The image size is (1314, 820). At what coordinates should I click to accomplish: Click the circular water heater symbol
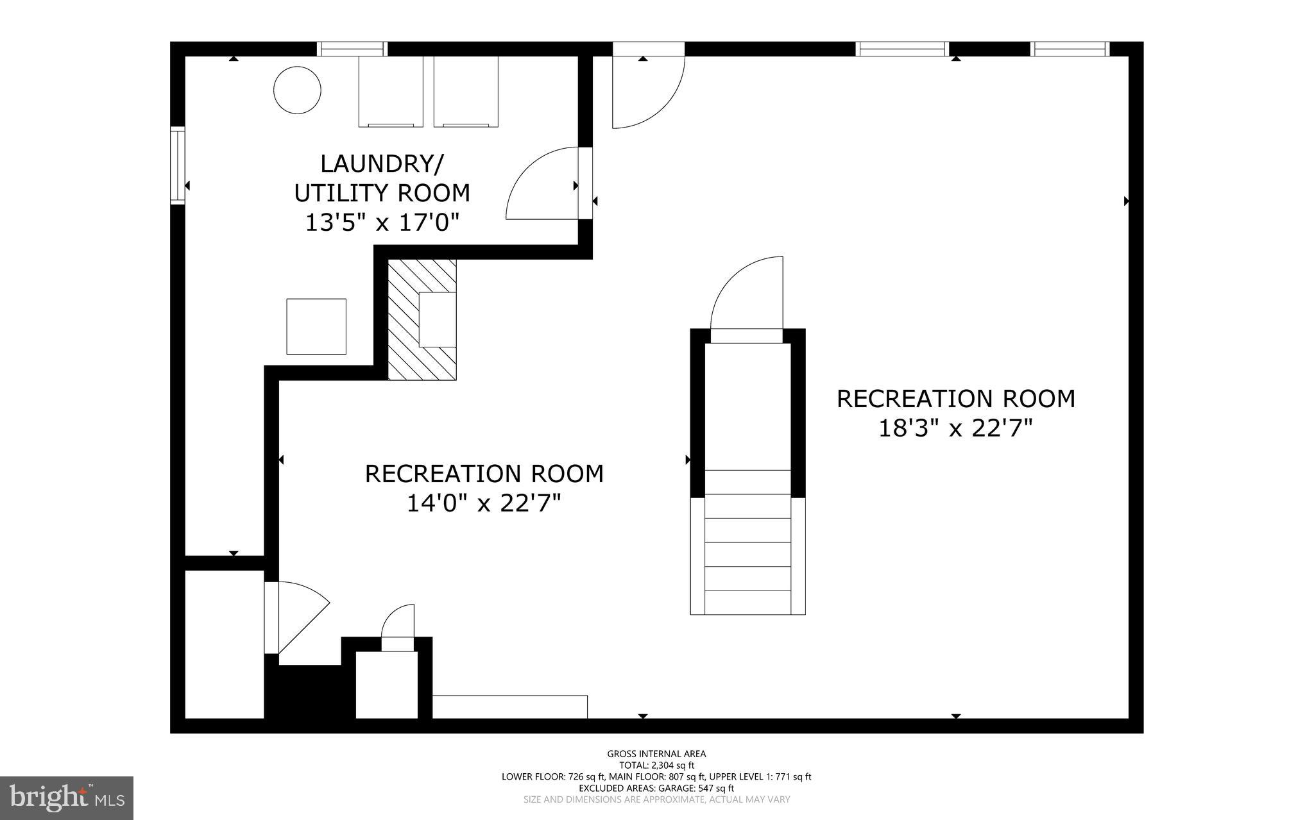pos(297,90)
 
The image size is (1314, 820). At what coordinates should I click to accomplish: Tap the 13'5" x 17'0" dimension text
pos(382,222)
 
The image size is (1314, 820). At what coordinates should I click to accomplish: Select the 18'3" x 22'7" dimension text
pos(955,428)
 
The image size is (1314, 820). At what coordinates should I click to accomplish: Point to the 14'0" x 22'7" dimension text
pos(484,503)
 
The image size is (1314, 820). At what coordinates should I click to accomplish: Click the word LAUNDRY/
pos(381,163)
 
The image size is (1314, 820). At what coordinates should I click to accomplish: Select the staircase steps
pos(747,542)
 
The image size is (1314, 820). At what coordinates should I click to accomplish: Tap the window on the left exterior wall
pos(177,166)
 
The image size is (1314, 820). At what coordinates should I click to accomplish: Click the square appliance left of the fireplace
pos(316,326)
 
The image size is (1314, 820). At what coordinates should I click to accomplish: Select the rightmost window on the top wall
pos(1070,49)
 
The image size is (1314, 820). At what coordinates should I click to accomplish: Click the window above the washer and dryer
pos(353,49)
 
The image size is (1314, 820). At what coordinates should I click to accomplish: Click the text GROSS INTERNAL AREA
pos(656,754)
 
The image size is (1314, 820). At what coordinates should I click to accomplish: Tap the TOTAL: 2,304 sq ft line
pos(656,765)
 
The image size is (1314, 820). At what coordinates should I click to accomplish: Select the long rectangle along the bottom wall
pos(510,707)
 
